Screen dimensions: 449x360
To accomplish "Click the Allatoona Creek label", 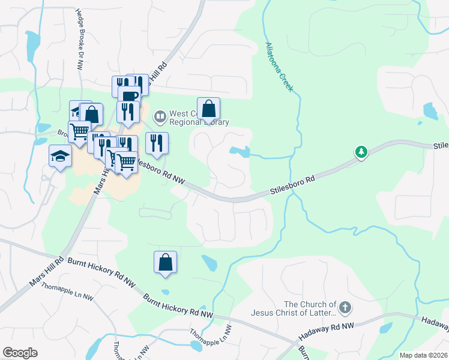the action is click(279, 67).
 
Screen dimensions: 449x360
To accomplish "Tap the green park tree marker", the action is click(361, 152).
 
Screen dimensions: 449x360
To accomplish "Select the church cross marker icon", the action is click(344, 308).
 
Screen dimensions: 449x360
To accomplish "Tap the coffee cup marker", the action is click(128, 96).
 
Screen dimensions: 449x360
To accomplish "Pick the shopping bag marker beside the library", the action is click(208, 109).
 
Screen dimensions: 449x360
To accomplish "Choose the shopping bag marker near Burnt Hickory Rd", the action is click(165, 262).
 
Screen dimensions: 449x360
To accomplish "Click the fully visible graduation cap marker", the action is click(60, 157).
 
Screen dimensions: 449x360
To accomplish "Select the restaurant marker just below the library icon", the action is click(156, 143).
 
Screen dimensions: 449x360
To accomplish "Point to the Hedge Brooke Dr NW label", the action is click(79, 40).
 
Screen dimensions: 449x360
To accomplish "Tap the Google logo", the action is click(20, 352).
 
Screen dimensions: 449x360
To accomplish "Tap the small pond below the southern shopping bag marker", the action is click(209, 263).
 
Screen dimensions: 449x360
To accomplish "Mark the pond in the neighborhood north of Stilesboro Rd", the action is click(240, 151).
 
